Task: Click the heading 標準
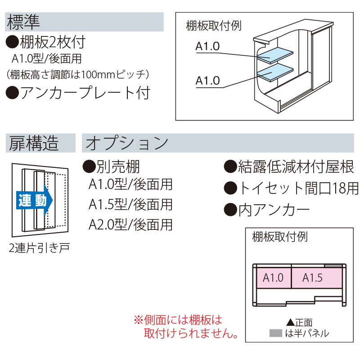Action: [x=23, y=21]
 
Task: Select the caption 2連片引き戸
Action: [x=39, y=247]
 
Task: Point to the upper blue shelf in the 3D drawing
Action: [x=274, y=54]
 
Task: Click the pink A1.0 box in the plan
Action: [x=273, y=278]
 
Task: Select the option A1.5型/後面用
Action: [x=130, y=204]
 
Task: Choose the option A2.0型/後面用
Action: [x=130, y=224]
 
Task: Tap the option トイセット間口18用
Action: [x=292, y=188]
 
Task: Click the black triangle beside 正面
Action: [x=290, y=322]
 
